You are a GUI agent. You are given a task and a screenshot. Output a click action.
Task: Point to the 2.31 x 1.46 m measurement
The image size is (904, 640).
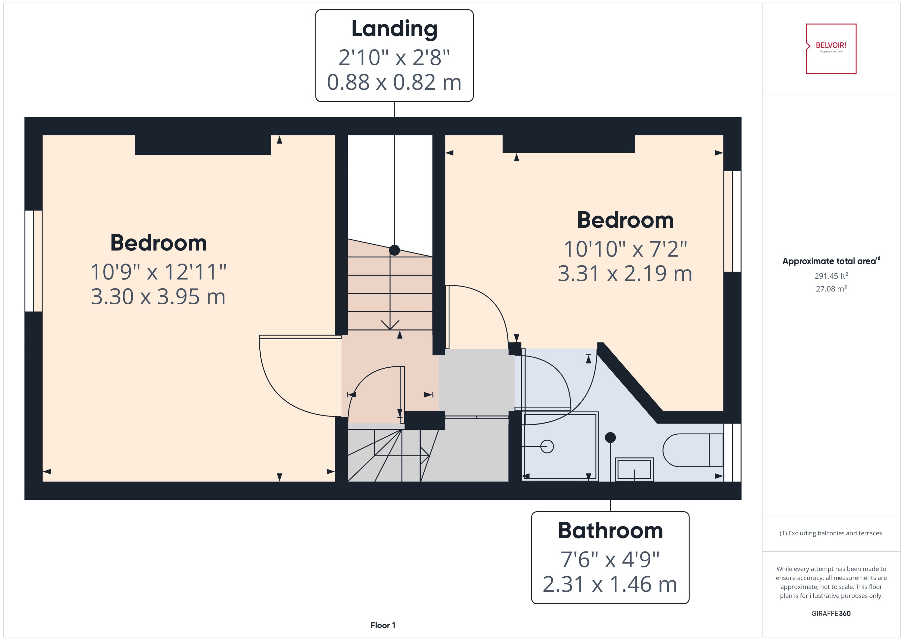[x=610, y=584]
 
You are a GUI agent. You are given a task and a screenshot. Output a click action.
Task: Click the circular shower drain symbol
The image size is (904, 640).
[x=547, y=446]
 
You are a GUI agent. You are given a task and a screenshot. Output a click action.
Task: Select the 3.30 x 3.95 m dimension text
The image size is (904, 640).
[x=158, y=297]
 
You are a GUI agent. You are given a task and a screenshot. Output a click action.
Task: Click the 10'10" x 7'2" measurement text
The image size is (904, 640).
[x=625, y=249]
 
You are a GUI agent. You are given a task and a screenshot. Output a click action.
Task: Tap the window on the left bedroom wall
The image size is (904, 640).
[x=34, y=261]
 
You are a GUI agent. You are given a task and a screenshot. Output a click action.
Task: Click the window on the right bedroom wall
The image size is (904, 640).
[x=732, y=221]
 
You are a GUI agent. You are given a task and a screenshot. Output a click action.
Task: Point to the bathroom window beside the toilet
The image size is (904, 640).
[x=732, y=452]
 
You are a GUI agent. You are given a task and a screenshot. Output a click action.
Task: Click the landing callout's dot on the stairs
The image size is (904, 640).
[x=394, y=250]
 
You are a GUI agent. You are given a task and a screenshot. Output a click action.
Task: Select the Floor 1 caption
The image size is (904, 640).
[x=383, y=625]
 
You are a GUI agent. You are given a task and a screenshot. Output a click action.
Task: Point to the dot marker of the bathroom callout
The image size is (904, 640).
[x=610, y=437]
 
